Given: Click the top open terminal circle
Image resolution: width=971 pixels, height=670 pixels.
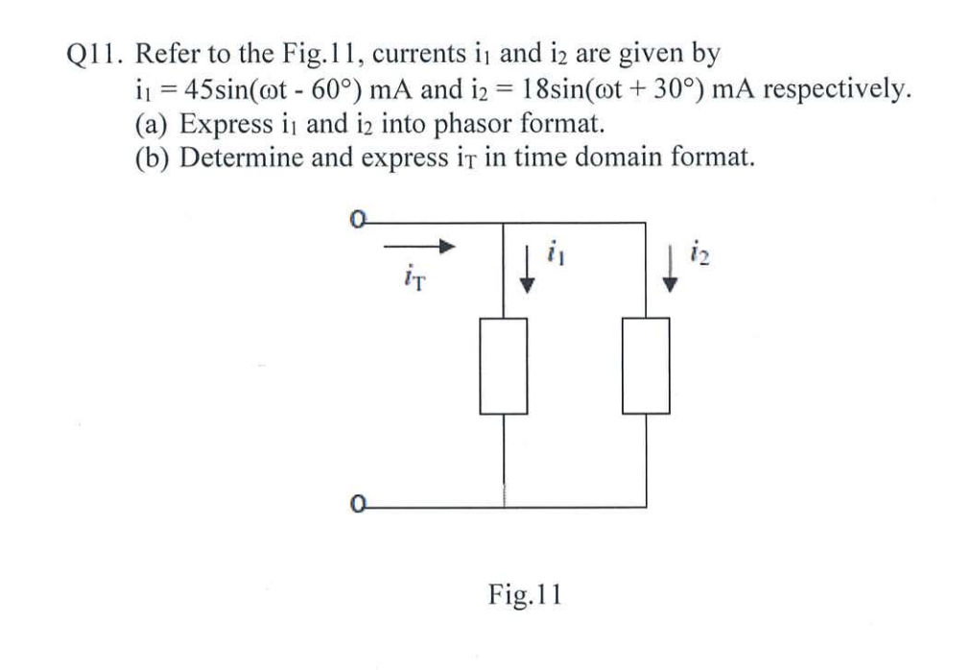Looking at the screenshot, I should pyautogui.click(x=357, y=223).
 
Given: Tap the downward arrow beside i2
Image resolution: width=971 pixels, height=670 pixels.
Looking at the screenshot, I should pyautogui.click(x=671, y=270).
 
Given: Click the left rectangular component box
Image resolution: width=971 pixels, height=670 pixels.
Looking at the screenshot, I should pyautogui.click(x=504, y=366).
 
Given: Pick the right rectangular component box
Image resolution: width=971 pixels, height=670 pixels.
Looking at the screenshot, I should pyautogui.click(x=646, y=366).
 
